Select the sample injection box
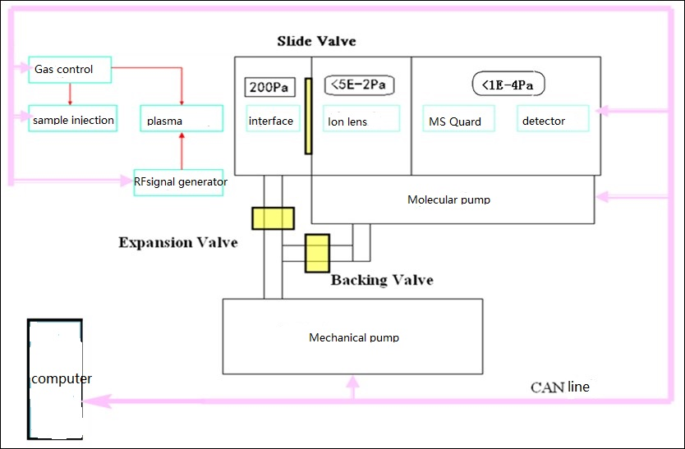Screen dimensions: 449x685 click(x=72, y=119)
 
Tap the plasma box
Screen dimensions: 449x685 click(x=181, y=120)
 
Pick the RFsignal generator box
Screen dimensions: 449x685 click(x=180, y=181)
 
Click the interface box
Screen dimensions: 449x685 click(x=271, y=120)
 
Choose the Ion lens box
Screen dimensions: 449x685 click(x=361, y=120)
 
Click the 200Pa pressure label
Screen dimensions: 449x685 click(x=264, y=85)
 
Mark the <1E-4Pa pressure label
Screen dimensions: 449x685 click(x=509, y=83)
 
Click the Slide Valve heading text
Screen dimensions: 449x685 click(x=316, y=41)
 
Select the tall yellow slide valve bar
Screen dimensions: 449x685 click(x=308, y=116)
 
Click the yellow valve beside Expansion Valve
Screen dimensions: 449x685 click(x=273, y=218)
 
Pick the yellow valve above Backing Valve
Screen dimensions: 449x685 click(x=316, y=253)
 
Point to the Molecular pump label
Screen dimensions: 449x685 click(x=448, y=199)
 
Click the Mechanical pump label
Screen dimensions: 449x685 click(x=354, y=337)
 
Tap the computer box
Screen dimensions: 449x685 click(x=56, y=378)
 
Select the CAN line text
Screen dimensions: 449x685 click(x=559, y=387)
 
